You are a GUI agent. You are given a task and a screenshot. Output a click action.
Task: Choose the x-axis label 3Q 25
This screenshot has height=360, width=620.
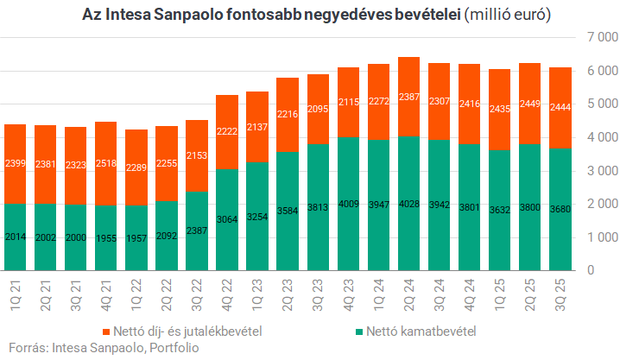tap(560, 294)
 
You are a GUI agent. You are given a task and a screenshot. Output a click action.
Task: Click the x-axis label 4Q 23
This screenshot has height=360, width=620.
tap(348, 294)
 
